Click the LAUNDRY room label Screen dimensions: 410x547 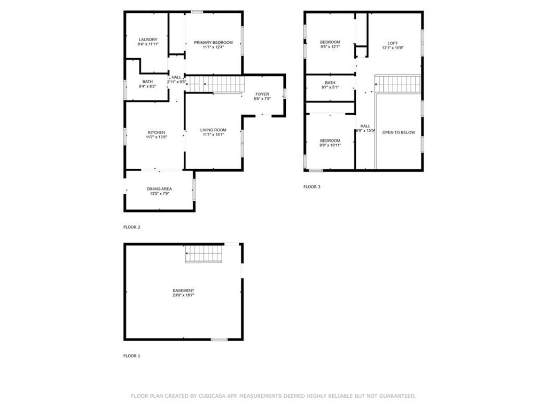148,40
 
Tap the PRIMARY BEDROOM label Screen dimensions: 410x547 213,43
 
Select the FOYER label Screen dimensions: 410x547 262,94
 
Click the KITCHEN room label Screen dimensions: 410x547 157,132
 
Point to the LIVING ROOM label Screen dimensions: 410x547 213,130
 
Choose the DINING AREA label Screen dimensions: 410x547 159,189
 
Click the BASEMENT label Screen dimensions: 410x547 183,291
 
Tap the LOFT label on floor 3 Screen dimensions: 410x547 393,44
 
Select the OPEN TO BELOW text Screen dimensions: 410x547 398,132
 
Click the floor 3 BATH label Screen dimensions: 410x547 330,83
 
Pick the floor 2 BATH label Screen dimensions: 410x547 147,82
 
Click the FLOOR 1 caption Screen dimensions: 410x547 131,356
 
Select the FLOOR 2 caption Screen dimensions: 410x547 131,227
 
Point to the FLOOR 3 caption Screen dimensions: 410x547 311,187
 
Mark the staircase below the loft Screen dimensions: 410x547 398,84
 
